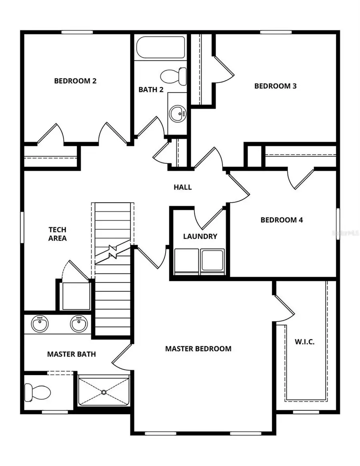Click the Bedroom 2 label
75,81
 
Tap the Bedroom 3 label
275,86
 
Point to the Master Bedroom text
198,349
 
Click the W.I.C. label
305,342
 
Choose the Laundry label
200,236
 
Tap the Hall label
182,187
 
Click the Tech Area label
58,234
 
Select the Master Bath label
71,354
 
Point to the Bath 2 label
151,90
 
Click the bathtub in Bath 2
160,48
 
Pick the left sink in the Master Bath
40,323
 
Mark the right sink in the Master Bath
79,323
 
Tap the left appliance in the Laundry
187,261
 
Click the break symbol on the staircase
113,253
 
